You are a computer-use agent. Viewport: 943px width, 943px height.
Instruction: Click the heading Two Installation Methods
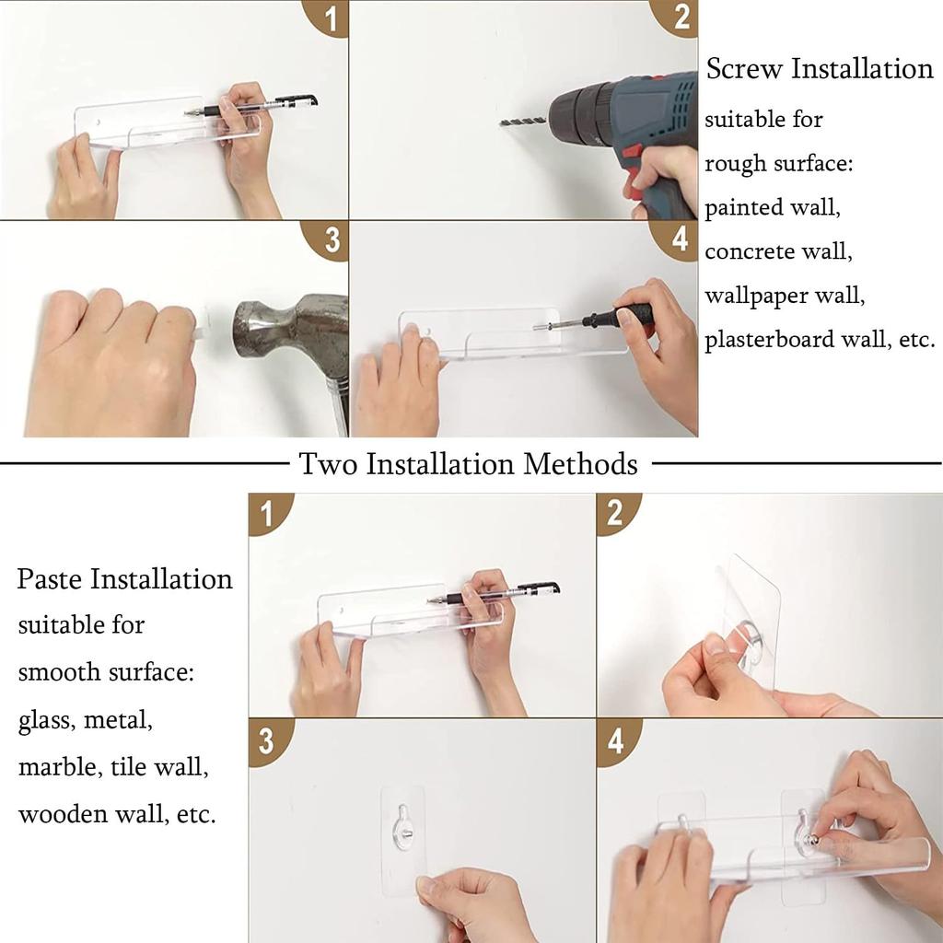(468, 464)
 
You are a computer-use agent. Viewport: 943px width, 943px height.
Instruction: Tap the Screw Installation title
(820, 68)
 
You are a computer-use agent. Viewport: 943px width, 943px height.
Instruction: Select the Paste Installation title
(124, 578)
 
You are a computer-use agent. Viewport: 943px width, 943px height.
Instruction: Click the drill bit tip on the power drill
(502, 123)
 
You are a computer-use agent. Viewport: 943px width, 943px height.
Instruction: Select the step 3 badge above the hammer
(328, 239)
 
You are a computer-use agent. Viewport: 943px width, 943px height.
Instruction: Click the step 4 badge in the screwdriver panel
(677, 239)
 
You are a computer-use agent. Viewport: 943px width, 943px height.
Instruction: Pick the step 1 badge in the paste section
(268, 512)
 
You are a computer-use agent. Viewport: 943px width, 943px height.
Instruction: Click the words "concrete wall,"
(778, 250)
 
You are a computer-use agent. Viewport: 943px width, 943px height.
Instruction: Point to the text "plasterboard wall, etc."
(820, 339)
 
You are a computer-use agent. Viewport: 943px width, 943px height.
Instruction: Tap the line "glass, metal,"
(86, 718)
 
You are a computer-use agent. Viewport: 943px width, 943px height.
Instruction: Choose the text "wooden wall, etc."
(117, 814)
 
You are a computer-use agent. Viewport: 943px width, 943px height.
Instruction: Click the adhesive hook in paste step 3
(403, 828)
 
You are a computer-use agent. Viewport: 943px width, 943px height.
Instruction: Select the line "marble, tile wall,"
(113, 767)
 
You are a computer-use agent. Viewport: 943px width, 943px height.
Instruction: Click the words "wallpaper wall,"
(785, 296)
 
